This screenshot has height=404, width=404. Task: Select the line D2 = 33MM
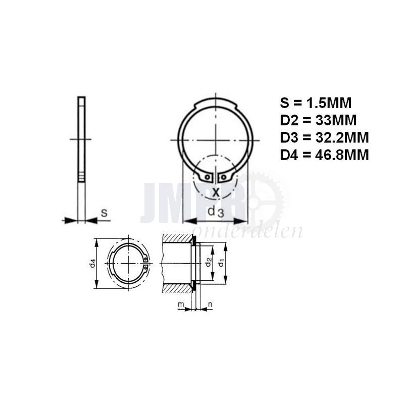point(318,120)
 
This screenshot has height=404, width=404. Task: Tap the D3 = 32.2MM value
point(324,137)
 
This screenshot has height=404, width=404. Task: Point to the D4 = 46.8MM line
point(324,154)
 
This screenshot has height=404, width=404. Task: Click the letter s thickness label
point(104,213)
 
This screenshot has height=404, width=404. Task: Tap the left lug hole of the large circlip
point(208,177)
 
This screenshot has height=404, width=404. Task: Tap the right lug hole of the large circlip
point(223,177)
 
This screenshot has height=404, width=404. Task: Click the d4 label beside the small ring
point(92,263)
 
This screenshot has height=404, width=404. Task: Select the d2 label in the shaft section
point(208,262)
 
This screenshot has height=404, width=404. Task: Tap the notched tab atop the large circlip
point(216,104)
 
